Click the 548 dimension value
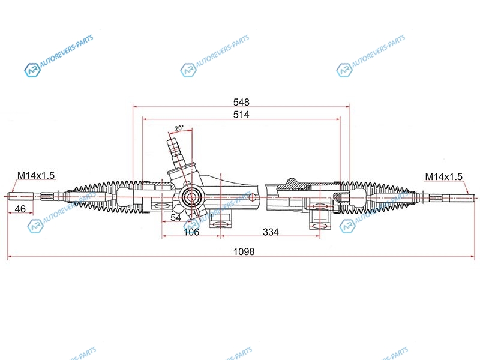click(241, 101)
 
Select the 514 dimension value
click(241, 115)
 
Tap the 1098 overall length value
click(244, 251)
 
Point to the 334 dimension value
click(271, 232)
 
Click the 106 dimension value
click(191, 232)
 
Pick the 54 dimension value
click(176, 218)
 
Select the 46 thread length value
click(20, 209)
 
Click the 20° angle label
click(179, 128)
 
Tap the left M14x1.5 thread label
click(36, 175)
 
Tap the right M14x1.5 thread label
click(443, 176)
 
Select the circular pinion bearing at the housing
click(191, 197)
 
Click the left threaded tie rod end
click(21, 196)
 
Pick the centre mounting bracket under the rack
click(220, 220)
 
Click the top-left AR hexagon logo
click(32, 70)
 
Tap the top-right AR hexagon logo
click(344, 70)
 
